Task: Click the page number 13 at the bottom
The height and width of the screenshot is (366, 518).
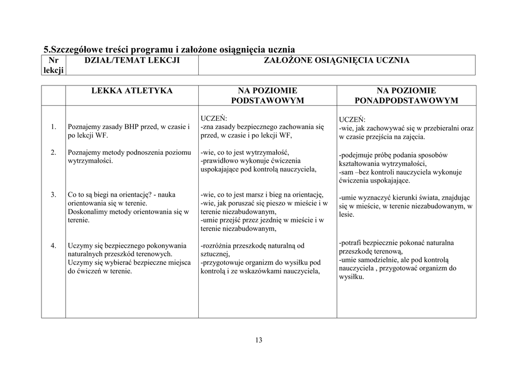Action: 258,340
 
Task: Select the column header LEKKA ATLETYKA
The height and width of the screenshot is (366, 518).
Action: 132,91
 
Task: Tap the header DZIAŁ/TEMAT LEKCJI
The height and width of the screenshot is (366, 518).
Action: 132,61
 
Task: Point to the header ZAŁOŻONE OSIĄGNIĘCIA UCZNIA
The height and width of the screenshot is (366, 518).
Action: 337,61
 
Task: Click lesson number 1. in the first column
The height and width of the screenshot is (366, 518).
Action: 53,127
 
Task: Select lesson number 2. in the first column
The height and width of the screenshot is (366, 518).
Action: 53,152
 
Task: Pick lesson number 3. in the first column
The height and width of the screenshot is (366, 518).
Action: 53,195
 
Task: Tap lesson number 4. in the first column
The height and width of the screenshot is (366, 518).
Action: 53,246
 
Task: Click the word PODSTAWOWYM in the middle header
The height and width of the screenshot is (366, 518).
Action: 267,101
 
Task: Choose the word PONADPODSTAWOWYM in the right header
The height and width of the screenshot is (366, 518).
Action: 406,101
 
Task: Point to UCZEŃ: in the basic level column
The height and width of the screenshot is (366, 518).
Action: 213,119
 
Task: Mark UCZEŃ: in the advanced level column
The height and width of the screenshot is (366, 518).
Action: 352,120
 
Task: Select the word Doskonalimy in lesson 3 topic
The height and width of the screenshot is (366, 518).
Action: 87,212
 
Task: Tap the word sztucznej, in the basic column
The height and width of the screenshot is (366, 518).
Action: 215,254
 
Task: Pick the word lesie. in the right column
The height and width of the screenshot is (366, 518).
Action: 347,215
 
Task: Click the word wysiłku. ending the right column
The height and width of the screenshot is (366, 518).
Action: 351,277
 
